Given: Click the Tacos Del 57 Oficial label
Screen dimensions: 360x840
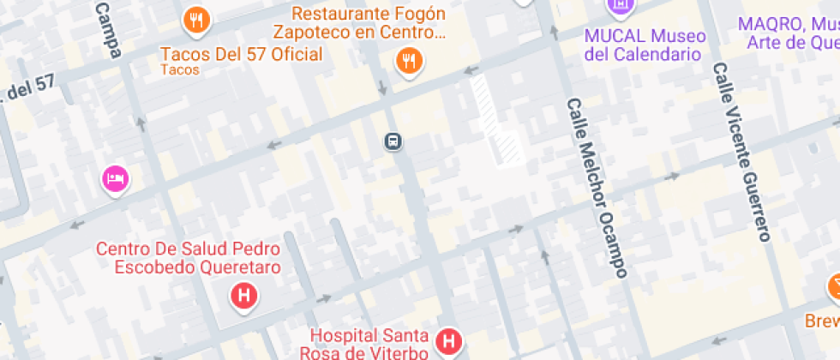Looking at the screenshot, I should pyautogui.click(x=241, y=55).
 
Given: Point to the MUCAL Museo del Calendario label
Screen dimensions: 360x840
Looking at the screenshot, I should pyautogui.click(x=645, y=45).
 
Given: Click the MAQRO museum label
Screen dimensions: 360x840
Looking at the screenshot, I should pyautogui.click(x=788, y=33).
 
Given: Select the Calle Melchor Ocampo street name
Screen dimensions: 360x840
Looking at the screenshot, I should pyautogui.click(x=597, y=188).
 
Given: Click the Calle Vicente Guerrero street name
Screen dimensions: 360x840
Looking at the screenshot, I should pyautogui.click(x=743, y=153).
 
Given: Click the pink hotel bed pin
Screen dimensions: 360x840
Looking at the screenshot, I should pyautogui.click(x=116, y=179).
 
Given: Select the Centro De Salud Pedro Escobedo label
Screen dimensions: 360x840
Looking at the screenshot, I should pyautogui.click(x=188, y=257).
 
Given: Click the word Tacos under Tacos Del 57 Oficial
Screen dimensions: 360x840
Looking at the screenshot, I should pyautogui.click(x=179, y=71).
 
